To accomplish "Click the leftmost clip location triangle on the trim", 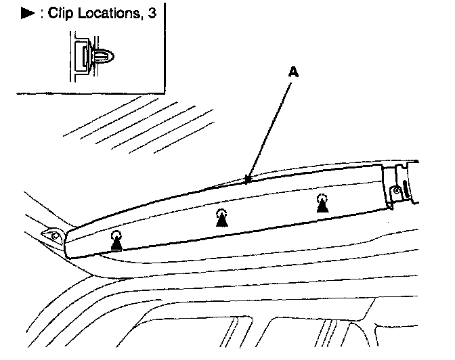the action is (x=116, y=244).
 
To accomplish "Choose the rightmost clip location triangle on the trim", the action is (x=323, y=206).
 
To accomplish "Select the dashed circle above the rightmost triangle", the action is (x=323, y=197).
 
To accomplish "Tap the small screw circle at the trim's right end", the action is (x=396, y=192).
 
